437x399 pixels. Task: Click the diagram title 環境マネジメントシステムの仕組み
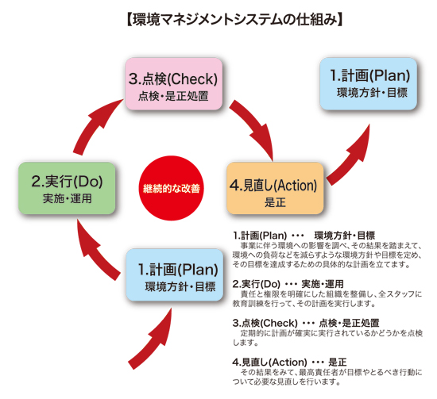234,21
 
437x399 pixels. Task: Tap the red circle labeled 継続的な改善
171,188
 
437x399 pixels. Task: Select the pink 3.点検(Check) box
174,84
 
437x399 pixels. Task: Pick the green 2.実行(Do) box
67,188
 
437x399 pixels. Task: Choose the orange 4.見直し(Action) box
275,188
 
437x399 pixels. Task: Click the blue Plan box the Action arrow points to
368,84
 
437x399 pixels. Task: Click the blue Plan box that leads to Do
175,275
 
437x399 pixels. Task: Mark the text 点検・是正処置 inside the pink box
173,96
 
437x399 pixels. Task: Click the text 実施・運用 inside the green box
68,198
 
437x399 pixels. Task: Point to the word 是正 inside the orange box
275,202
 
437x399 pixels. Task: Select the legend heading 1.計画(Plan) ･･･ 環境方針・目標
304,236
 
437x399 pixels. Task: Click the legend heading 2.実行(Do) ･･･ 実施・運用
288,284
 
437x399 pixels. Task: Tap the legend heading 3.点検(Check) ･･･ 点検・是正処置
306,323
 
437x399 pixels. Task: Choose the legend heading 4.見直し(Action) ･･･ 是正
290,363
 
